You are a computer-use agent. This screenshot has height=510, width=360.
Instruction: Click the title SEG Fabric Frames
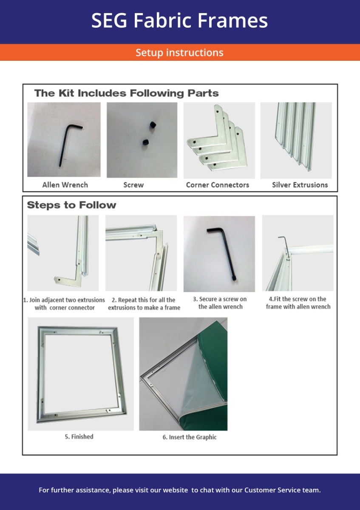[179, 21]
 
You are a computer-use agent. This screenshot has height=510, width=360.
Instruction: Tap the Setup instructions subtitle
[179, 53]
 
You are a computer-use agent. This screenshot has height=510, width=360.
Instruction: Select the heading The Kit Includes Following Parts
[126, 93]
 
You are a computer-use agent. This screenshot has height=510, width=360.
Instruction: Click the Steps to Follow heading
[71, 205]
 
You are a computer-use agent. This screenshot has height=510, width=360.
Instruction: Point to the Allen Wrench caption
[65, 185]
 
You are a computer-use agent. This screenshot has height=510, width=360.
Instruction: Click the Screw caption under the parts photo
[133, 185]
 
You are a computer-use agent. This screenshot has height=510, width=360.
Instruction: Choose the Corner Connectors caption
[218, 185]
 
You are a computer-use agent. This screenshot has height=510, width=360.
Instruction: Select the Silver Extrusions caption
[300, 185]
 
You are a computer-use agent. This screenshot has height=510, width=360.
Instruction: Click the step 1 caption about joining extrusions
[64, 303]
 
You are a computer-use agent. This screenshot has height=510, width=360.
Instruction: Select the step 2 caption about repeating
[144, 303]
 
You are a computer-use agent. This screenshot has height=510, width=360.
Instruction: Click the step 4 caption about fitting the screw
[298, 303]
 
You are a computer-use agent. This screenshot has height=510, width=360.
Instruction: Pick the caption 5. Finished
[79, 436]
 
